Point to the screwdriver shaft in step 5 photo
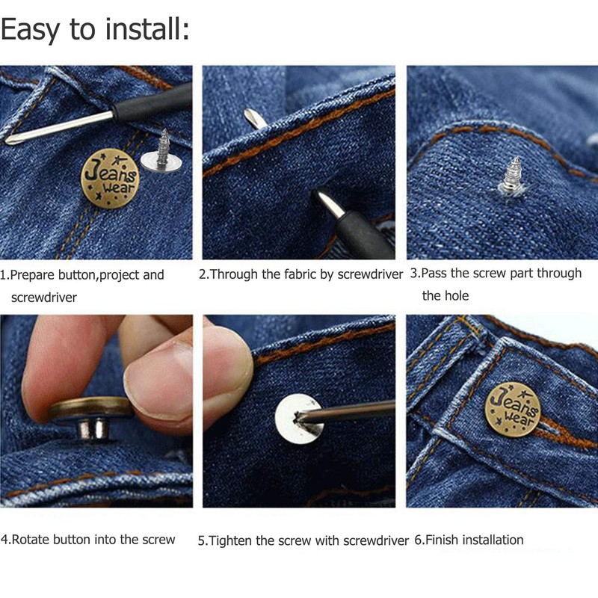click(351, 410)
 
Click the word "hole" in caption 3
click(456, 296)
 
